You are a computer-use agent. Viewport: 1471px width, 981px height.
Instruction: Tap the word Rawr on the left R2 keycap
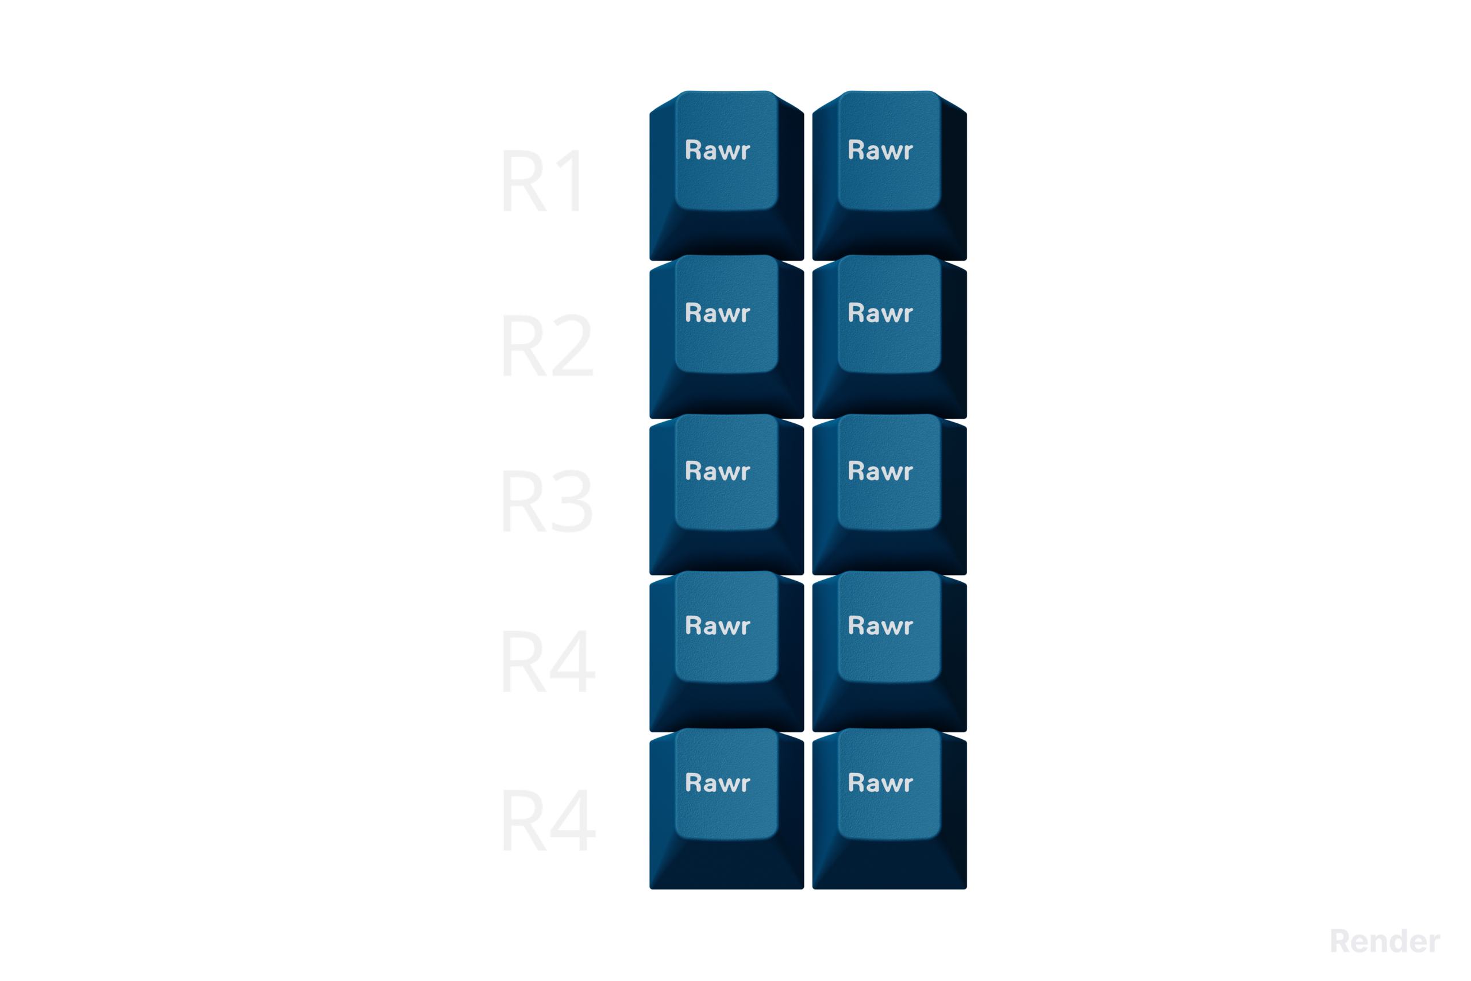point(717,314)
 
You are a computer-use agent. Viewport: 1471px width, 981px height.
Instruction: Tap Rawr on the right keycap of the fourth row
point(880,626)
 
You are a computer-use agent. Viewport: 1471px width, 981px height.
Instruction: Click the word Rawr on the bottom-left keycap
point(717,783)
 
